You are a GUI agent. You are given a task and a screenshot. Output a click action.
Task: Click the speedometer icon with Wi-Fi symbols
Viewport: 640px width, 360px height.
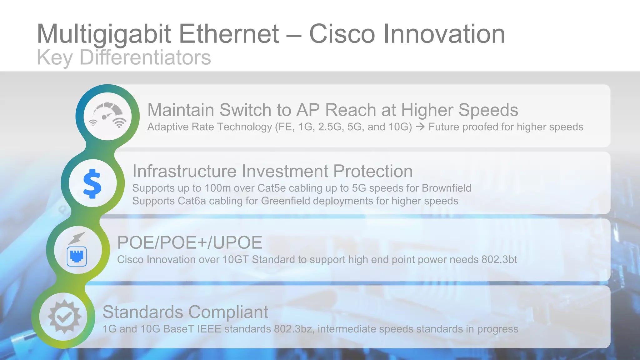pyautogui.click(x=107, y=116)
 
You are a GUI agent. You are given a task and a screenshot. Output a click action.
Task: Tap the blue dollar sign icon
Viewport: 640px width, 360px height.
pyautogui.click(x=92, y=183)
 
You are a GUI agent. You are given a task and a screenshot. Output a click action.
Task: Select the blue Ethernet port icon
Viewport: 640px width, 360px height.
pyautogui.click(x=77, y=256)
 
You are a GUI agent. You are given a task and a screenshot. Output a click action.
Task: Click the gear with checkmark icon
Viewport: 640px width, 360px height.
pyautogui.click(x=64, y=317)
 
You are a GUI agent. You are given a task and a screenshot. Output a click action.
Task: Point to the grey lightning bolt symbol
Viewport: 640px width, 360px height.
pyautogui.click(x=77, y=238)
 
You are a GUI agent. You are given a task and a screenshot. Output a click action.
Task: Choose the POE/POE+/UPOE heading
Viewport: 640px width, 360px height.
pyautogui.click(x=190, y=242)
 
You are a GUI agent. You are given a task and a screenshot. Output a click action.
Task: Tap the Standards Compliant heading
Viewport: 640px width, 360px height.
pyautogui.click(x=185, y=312)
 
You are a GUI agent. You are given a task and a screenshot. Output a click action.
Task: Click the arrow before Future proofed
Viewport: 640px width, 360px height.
pyautogui.click(x=420, y=127)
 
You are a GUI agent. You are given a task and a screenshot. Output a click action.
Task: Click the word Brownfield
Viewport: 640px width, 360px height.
pyautogui.click(x=446, y=188)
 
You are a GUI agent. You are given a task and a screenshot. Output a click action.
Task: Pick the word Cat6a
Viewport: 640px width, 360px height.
pyautogui.click(x=192, y=201)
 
